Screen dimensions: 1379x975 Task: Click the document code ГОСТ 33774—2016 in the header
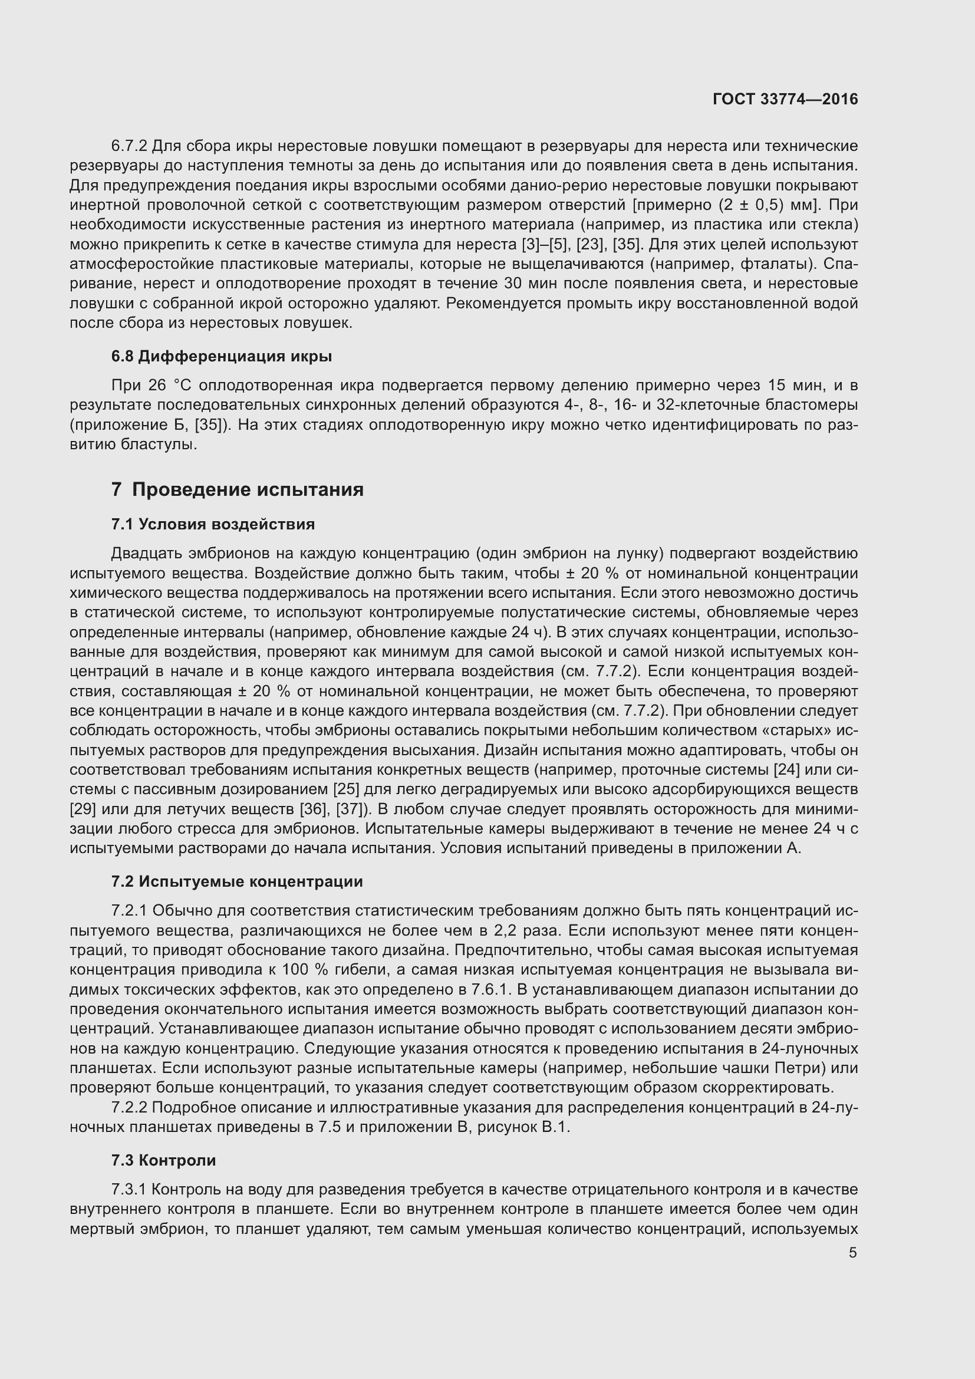(x=785, y=99)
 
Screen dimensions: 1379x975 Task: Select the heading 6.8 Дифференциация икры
(x=222, y=356)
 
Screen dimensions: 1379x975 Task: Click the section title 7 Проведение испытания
(x=237, y=489)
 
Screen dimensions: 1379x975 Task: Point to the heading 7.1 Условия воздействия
(x=213, y=524)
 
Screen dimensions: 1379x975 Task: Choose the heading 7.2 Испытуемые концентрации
(x=237, y=881)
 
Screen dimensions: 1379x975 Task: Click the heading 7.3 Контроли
(x=163, y=1160)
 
